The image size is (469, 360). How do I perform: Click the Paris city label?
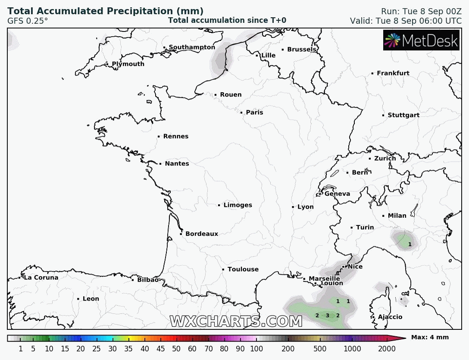pos(254,113)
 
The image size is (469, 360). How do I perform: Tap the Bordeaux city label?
pos(202,234)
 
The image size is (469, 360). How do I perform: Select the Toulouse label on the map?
pos(243,269)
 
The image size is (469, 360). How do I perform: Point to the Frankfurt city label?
pos(393,73)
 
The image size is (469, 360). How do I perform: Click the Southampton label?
pos(192,47)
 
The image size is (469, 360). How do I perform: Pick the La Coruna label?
pos(41,278)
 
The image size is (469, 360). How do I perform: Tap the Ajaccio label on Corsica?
pos(390,317)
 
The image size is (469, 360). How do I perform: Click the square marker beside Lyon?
pos(293,207)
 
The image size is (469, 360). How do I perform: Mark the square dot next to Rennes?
pos(159,137)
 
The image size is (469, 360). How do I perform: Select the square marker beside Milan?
pos(383,216)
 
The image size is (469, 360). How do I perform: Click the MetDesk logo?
pos(421,41)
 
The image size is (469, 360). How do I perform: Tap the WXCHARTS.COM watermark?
pos(236,322)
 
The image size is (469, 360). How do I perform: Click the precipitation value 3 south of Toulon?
pos(327,316)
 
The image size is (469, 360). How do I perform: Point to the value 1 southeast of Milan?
pos(410,244)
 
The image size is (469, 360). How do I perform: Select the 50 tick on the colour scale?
pos(176,349)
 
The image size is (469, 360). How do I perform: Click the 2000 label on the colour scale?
pos(387,349)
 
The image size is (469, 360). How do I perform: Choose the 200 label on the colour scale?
pos(288,349)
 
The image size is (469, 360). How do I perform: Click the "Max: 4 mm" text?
pos(430,338)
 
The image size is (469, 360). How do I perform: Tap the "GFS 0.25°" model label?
pos(28,20)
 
